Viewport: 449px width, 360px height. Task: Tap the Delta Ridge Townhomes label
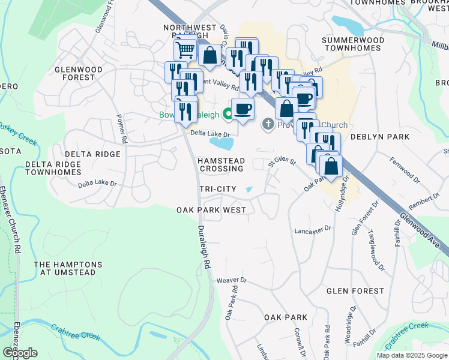click(53, 168)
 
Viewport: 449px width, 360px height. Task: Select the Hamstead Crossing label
click(221, 164)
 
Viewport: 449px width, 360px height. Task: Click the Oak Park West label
click(211, 210)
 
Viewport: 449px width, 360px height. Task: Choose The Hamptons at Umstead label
click(68, 268)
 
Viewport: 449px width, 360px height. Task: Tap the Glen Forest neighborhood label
click(355, 291)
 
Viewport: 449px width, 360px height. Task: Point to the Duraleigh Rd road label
click(205, 246)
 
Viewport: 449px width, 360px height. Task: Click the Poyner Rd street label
click(122, 128)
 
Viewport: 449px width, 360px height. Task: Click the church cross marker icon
click(268, 125)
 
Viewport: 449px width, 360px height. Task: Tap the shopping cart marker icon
click(185, 49)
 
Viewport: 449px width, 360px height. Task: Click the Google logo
click(20, 353)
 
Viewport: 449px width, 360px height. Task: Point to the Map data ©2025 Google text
click(411, 355)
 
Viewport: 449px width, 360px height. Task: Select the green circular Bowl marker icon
click(228, 113)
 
